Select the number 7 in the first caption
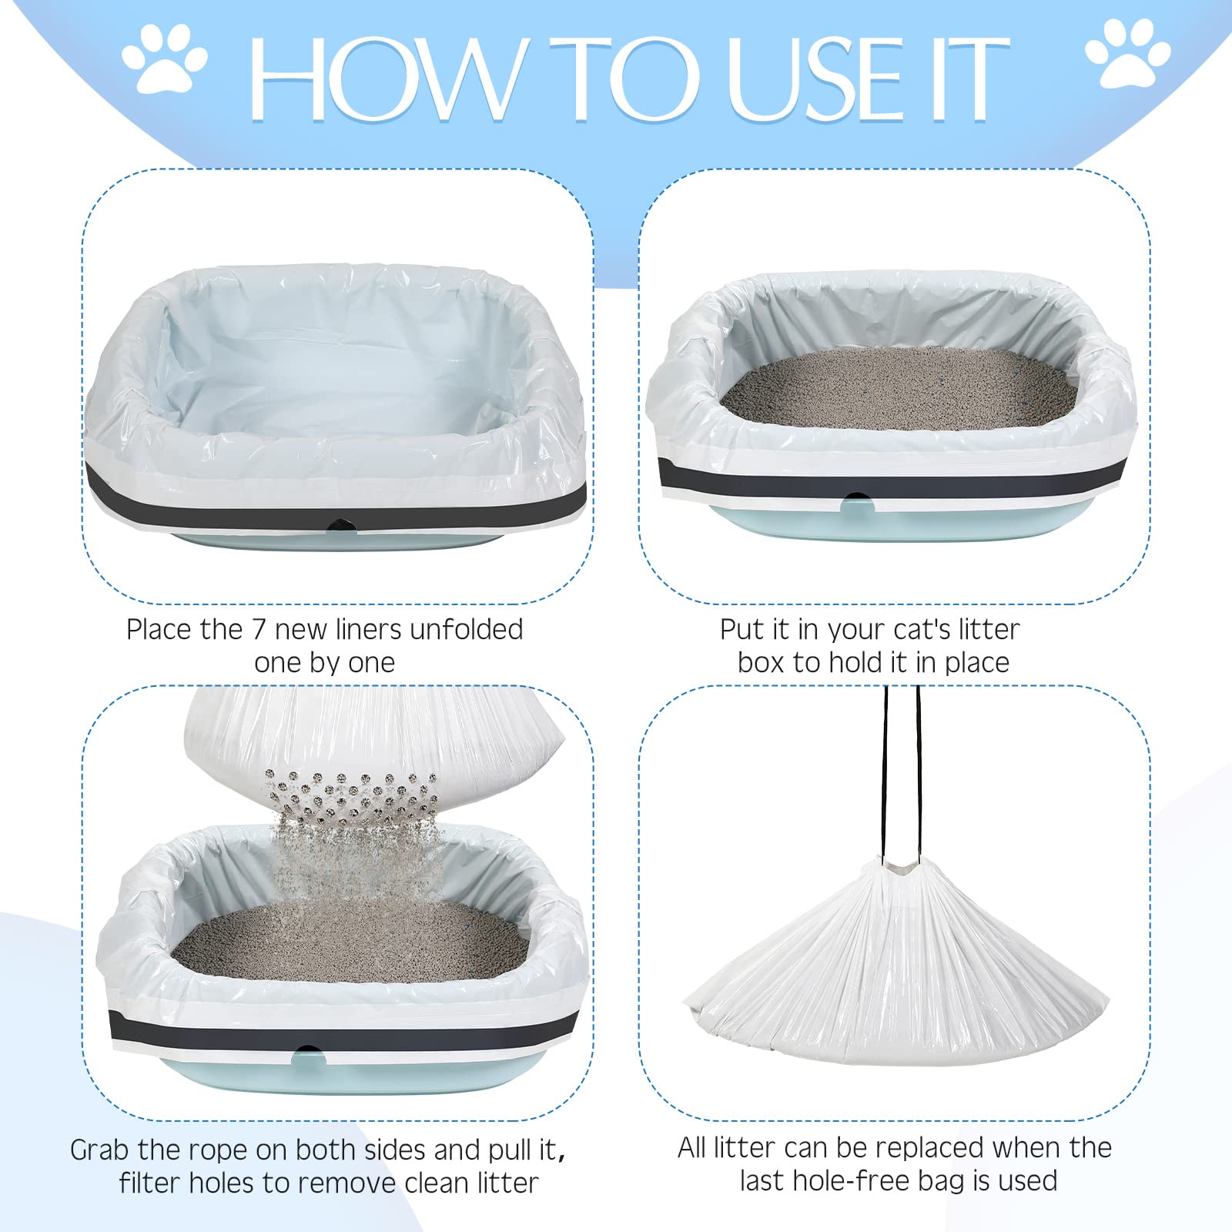(259, 630)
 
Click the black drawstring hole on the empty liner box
(338, 524)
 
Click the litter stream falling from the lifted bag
(354, 862)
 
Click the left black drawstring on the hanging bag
(885, 770)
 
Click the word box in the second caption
(759, 662)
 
